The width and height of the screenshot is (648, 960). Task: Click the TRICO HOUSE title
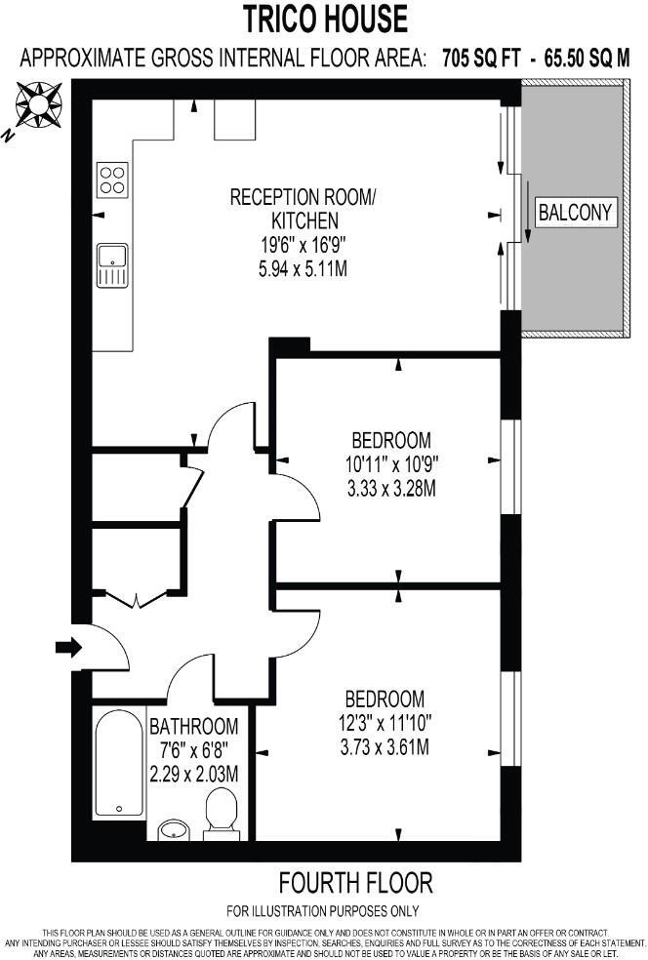pyautogui.click(x=326, y=19)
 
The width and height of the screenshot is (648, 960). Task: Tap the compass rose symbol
pyautogui.click(x=37, y=102)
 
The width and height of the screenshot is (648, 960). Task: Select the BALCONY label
pyautogui.click(x=576, y=212)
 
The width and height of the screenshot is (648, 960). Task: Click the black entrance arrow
pyautogui.click(x=69, y=647)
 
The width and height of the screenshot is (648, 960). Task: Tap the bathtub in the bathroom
pyautogui.click(x=118, y=763)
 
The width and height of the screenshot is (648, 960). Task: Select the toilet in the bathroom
pyautogui.click(x=223, y=815)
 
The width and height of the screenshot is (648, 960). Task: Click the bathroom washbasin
pyautogui.click(x=176, y=829)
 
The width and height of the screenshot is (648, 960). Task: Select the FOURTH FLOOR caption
pyautogui.click(x=355, y=884)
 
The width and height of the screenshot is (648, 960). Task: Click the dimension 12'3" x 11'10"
pyautogui.click(x=385, y=723)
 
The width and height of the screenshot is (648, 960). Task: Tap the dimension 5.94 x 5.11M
pyautogui.click(x=302, y=267)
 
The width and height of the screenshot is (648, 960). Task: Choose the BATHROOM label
pyautogui.click(x=193, y=726)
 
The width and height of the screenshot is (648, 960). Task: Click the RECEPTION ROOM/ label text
pyautogui.click(x=302, y=197)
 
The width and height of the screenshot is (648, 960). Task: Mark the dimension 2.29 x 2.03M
pyautogui.click(x=193, y=773)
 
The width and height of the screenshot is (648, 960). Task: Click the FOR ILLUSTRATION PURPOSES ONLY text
pyautogui.click(x=323, y=912)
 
